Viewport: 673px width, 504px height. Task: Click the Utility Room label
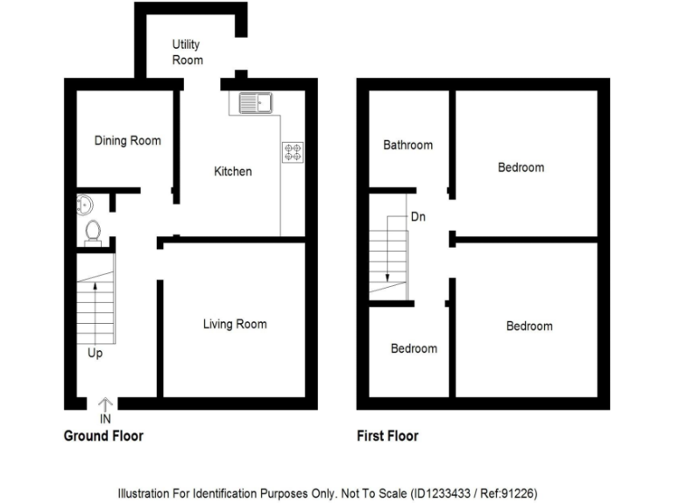point(188,52)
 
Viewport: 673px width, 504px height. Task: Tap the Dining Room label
point(128,140)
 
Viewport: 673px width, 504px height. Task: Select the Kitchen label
point(233,171)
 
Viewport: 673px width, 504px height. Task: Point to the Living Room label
point(235,325)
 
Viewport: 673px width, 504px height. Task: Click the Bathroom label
point(408,144)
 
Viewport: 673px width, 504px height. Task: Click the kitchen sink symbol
point(253,104)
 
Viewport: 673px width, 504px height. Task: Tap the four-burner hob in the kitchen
point(293,152)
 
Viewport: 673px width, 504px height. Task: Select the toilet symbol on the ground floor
point(94,231)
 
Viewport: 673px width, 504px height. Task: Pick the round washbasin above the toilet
point(84,205)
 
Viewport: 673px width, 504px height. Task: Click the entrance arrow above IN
point(105,403)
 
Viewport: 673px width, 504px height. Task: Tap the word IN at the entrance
point(105,420)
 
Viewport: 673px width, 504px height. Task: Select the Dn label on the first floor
point(418,216)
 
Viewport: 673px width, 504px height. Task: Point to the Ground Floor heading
point(103,436)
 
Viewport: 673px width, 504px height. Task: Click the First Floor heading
point(388,436)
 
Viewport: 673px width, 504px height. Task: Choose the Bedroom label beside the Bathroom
point(521,167)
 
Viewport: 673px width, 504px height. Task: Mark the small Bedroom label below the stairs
point(414,348)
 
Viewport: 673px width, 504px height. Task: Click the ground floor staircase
point(95,306)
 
